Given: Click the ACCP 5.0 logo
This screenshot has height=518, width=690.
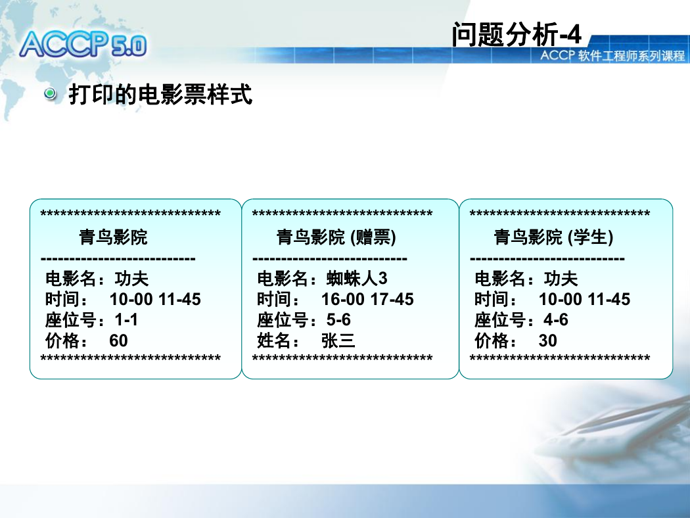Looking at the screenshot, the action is pos(83,44).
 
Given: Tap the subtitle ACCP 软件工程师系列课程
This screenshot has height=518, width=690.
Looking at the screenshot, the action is pos(612,56).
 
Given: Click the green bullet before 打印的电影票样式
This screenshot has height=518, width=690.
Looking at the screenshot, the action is pos(50,93).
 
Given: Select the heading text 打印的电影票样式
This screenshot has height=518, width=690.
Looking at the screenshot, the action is pos(160,94).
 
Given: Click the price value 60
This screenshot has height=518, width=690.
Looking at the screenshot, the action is pos(118,341).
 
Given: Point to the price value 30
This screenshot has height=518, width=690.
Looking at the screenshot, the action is pos(548,341).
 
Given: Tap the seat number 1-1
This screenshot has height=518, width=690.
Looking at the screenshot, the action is pos(126,319).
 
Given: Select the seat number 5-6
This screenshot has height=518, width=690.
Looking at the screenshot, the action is pos(338,319).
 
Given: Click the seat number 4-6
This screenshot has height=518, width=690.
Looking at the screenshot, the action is pos(556,319).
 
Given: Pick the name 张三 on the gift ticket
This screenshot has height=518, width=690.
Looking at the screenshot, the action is pos(338,341).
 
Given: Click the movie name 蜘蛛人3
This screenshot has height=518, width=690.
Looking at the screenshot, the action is pos(357,278).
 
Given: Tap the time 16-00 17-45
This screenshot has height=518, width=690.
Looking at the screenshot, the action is pos(367,299).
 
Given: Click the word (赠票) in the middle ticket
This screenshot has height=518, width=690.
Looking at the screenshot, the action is pos(373,237).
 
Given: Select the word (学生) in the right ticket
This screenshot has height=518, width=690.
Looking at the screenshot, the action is pos(591,237).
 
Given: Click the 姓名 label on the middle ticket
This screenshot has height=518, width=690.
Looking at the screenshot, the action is pos(278,341).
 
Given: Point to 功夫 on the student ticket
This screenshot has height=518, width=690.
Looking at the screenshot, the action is pos(561,278).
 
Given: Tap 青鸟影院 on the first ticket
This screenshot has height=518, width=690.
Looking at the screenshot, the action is pos(113,237).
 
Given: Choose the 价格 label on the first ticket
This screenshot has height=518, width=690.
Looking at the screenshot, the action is pos(66,341).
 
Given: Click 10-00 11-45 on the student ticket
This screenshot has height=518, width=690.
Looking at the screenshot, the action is pos(584,299).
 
